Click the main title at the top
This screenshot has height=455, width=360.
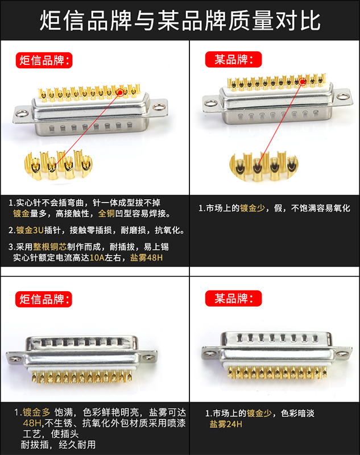point(180,20)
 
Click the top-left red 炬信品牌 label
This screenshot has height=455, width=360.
point(45,59)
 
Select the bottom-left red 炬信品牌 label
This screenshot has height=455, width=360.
point(45,298)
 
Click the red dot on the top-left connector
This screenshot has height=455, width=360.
point(120,91)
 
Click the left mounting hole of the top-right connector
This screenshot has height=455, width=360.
point(209,103)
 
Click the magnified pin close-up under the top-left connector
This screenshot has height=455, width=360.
point(55,163)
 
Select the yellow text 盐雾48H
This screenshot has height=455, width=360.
point(146,258)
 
